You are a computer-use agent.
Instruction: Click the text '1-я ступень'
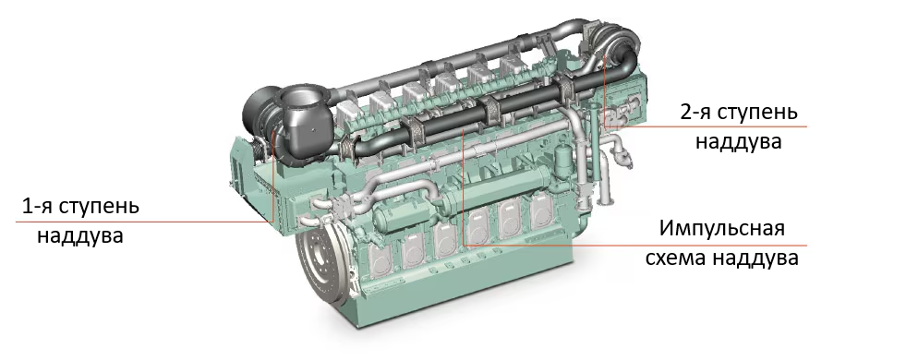(x=80, y=206)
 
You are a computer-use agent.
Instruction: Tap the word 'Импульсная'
(x=722, y=228)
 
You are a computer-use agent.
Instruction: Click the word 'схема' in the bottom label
(x=674, y=258)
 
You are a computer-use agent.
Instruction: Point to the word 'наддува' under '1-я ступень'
(x=80, y=235)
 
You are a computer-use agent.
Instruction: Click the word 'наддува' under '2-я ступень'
(x=738, y=141)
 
